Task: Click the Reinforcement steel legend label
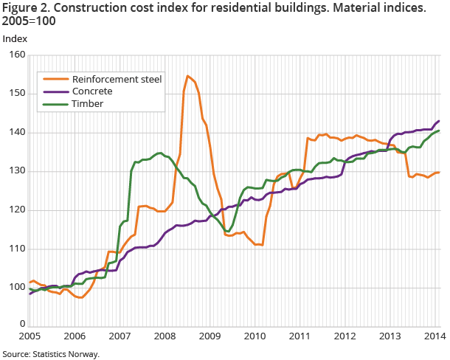pos(117,78)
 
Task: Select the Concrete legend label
pos(92,91)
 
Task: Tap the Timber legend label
pos(88,103)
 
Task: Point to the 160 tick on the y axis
pos(16,55)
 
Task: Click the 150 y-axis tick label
pos(16,94)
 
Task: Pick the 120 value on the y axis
pos(16,210)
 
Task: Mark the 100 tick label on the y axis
pos(16,287)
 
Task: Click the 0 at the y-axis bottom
pos(21,325)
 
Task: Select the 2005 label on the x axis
pos(30,336)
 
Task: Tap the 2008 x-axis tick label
pos(165,336)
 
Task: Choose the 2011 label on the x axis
pos(300,336)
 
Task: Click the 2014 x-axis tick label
pos(434,336)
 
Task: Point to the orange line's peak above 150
pos(188,75)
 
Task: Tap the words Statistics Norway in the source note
pos(66,354)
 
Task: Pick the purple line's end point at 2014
pos(440,121)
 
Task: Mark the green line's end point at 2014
pos(440,131)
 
